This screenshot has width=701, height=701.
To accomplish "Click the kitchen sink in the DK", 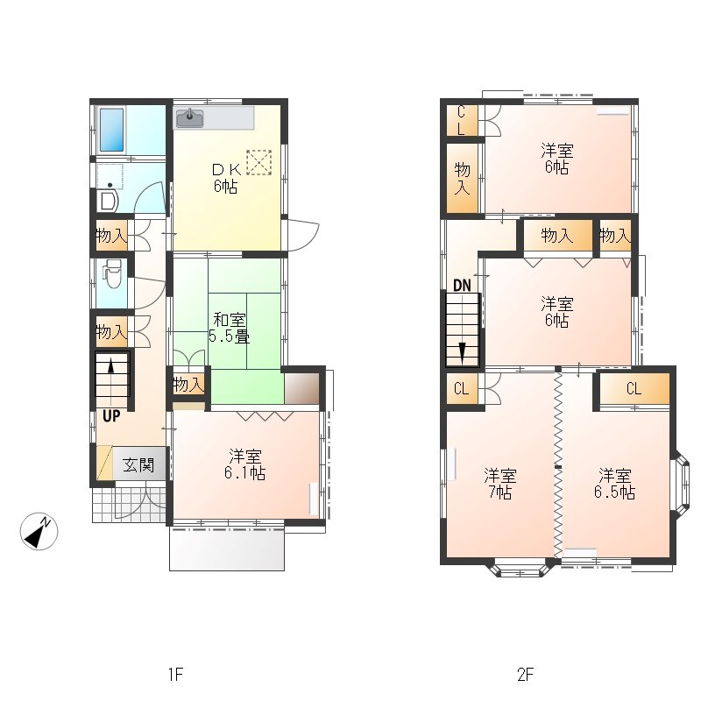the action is click(x=190, y=118).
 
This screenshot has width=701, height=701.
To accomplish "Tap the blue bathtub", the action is click(x=111, y=130).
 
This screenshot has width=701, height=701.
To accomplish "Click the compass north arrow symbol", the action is click(x=39, y=531).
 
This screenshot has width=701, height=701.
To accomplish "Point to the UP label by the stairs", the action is click(x=111, y=415).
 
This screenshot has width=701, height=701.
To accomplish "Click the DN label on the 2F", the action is click(x=462, y=286).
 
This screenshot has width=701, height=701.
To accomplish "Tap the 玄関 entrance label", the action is click(x=138, y=465).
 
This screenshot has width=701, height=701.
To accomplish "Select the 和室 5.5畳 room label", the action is click(x=229, y=328).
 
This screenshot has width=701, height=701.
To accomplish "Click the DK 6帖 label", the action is click(x=226, y=178).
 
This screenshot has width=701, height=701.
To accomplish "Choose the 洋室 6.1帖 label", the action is click(x=245, y=465).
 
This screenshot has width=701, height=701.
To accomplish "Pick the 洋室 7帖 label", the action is click(x=500, y=484).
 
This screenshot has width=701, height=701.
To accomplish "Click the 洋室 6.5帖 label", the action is click(x=615, y=484).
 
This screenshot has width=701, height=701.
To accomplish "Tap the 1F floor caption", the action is click(x=176, y=674).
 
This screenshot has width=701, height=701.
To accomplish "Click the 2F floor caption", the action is click(x=526, y=674).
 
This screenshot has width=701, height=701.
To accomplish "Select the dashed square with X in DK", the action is click(x=259, y=162).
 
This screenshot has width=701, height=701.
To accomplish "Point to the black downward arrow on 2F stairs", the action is click(x=462, y=351).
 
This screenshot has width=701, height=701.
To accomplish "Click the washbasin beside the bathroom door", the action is click(x=108, y=201).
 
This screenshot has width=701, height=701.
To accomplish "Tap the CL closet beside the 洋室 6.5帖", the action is click(x=634, y=388).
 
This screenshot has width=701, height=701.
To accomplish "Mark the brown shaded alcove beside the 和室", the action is click(x=301, y=388).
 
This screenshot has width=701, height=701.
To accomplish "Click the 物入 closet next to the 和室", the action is click(x=188, y=384).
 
